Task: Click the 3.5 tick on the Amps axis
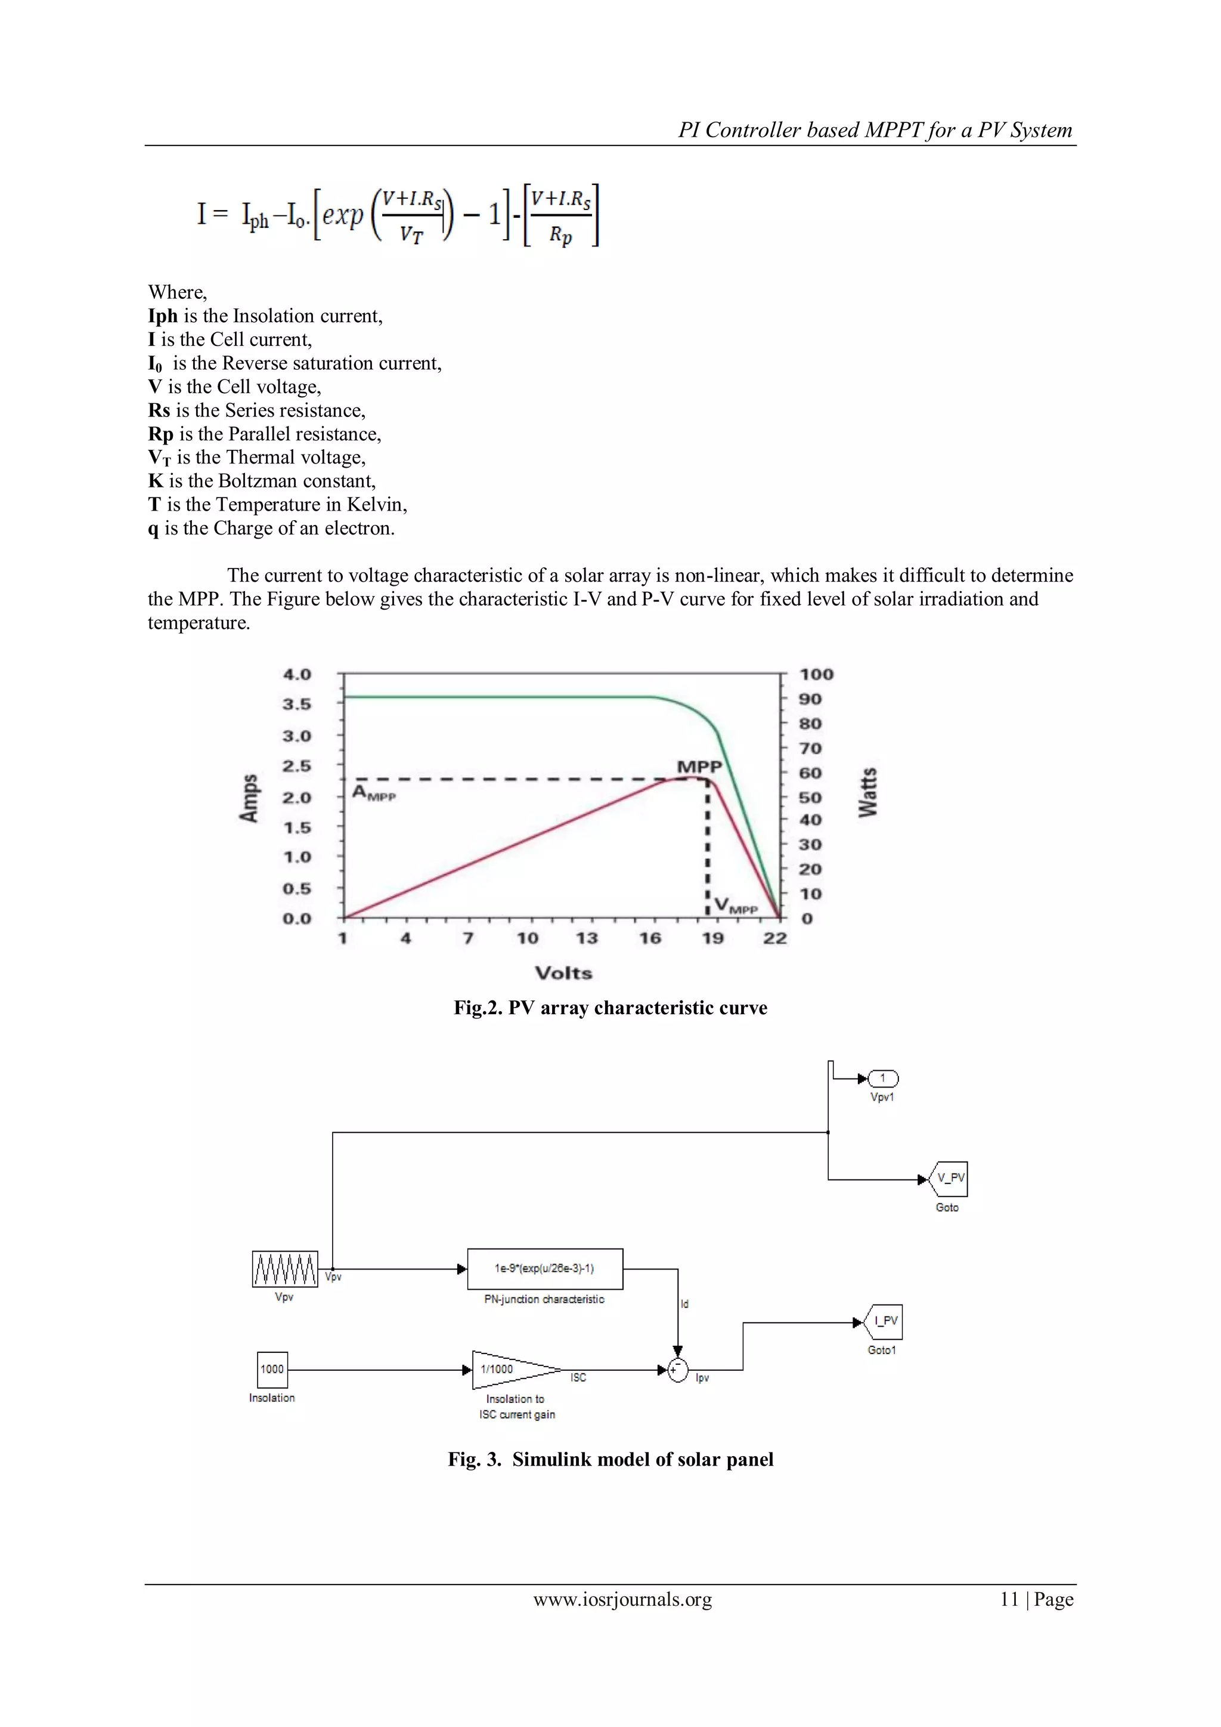[297, 704]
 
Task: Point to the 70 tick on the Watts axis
[810, 749]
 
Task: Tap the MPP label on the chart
[699, 767]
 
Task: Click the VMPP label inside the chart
[735, 906]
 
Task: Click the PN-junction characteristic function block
[544, 1269]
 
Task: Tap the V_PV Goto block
[949, 1179]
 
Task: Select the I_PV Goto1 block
[884, 1321]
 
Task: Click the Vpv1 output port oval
[883, 1079]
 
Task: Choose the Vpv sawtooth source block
[285, 1269]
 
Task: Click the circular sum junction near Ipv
[678, 1370]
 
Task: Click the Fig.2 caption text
[610, 1008]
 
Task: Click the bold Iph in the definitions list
[162, 316]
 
